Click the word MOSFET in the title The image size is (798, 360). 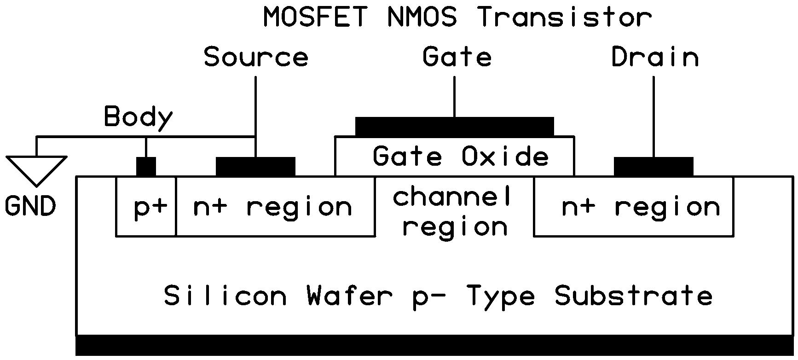[315, 17]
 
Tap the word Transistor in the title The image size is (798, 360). [564, 17]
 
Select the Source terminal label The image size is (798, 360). [256, 57]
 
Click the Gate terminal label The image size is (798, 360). [457, 57]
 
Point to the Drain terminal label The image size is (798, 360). [655, 57]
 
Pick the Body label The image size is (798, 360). [138, 117]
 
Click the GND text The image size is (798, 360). [30, 206]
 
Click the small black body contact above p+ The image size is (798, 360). [146, 167]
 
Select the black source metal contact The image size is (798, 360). [255, 167]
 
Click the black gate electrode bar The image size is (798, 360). [455, 127]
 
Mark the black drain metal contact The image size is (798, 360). [653, 167]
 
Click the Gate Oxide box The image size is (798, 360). [455, 156]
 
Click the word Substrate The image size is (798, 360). [634, 296]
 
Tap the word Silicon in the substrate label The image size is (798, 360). [225, 296]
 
